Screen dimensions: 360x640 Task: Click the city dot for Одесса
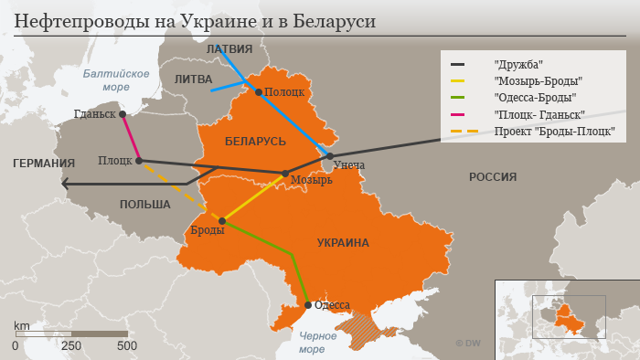[x=308, y=305]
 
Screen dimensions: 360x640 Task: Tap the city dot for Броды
[x=222, y=221]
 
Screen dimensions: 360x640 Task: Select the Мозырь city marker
[x=285, y=174]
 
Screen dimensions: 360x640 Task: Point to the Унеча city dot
[x=330, y=156]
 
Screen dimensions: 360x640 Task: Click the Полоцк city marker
[x=259, y=91]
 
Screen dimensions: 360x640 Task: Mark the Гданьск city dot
[x=123, y=114]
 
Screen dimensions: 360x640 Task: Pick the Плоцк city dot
[x=139, y=161]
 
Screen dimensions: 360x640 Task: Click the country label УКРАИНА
[x=343, y=243]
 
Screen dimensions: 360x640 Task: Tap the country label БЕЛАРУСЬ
[x=255, y=142]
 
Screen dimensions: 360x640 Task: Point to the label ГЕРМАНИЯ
[x=43, y=164]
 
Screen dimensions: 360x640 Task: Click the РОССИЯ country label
[x=493, y=177]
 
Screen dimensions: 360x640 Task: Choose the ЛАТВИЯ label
[x=229, y=48]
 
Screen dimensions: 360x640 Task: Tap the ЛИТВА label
[x=193, y=79]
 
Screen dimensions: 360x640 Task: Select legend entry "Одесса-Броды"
[x=535, y=98]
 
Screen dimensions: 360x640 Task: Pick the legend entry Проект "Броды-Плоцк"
[x=554, y=132]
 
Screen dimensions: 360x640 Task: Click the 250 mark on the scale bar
[x=70, y=346]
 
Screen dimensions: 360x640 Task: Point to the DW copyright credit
[x=468, y=343]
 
